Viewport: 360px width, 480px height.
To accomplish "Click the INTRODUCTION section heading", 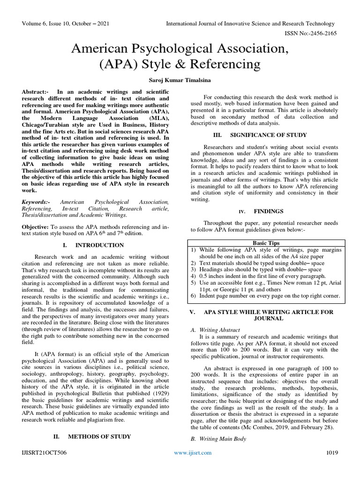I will (x=99, y=245).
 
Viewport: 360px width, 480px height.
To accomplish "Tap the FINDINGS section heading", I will (x=268, y=211).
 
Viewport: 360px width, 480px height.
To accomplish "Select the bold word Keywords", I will (x=35, y=202).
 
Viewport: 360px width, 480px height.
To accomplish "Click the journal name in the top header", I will (x=250, y=24).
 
